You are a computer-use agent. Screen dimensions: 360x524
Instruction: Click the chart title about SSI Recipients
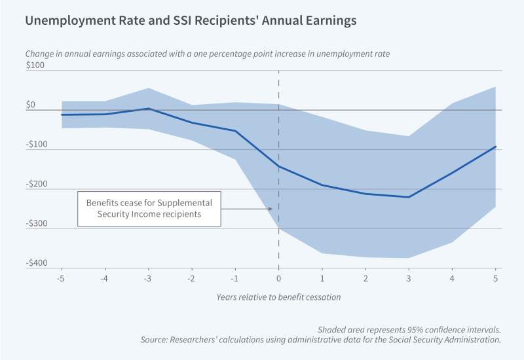click(191, 21)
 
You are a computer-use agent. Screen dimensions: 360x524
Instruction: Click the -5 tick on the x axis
click(62, 278)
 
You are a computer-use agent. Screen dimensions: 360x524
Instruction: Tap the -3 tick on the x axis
click(148, 278)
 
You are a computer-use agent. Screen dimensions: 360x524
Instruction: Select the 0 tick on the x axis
click(279, 278)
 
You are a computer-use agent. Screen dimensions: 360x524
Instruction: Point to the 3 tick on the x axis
click(409, 278)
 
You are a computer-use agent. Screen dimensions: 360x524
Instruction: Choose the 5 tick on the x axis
click(495, 278)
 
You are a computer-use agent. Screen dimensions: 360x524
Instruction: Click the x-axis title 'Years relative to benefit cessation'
click(279, 297)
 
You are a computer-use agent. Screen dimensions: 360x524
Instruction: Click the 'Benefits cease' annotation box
click(149, 209)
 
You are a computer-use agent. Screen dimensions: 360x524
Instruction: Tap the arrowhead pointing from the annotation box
click(271, 209)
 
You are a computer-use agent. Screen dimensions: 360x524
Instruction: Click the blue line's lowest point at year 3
click(409, 197)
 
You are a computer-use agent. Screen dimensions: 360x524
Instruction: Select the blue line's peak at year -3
click(149, 109)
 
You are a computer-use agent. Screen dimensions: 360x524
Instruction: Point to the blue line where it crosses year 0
click(279, 167)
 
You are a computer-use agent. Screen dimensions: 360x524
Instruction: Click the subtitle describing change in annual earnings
click(207, 53)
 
